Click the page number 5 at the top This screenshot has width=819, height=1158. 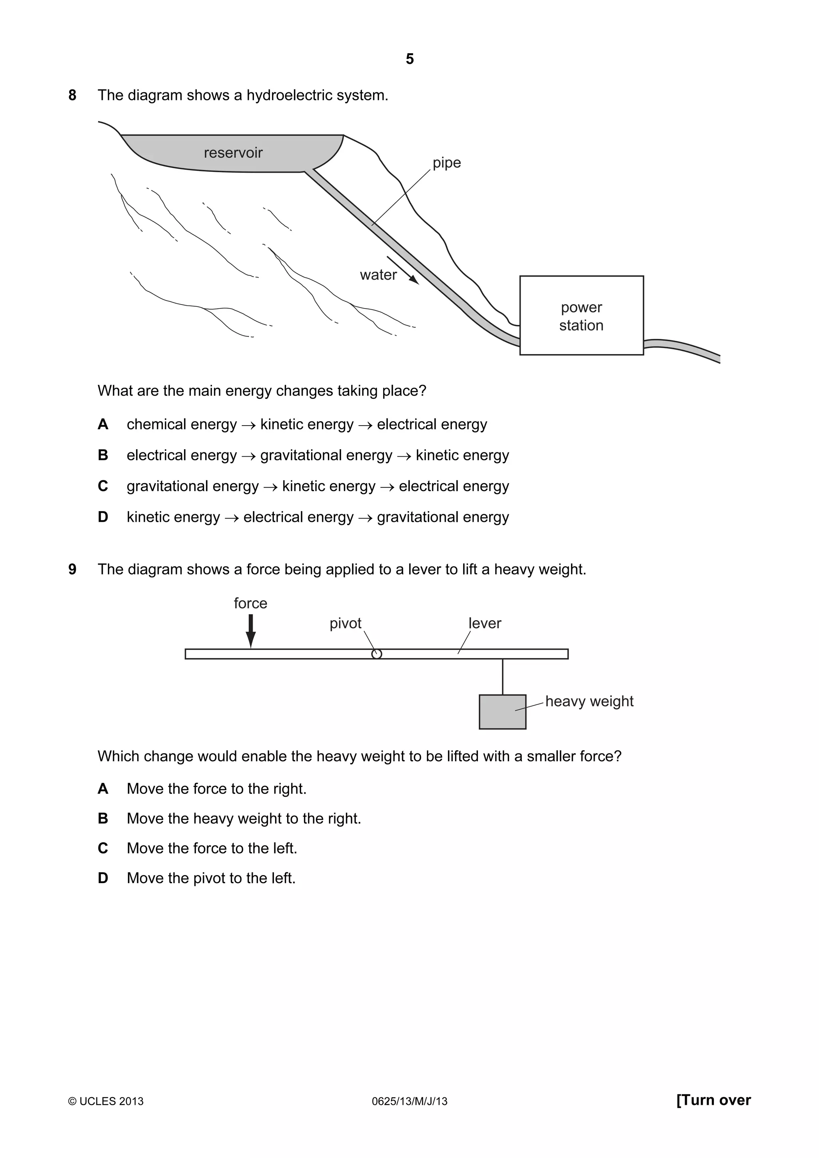pyautogui.click(x=409, y=59)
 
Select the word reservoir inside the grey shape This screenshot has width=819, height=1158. pyautogui.click(x=233, y=153)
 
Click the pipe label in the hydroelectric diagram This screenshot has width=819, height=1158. pyautogui.click(x=447, y=163)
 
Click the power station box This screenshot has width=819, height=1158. pyautogui.click(x=581, y=315)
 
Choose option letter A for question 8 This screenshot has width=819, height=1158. pyautogui.click(x=103, y=425)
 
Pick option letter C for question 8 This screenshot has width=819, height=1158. pyautogui.click(x=103, y=486)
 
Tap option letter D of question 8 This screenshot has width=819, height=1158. pyautogui.click(x=103, y=517)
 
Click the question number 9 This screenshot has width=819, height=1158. pyautogui.click(x=72, y=569)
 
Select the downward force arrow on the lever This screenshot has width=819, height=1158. pyautogui.click(x=251, y=631)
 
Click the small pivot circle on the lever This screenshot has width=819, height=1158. pyautogui.click(x=376, y=654)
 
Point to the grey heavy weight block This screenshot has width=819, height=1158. pyautogui.click(x=502, y=712)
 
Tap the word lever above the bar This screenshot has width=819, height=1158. pyautogui.click(x=484, y=623)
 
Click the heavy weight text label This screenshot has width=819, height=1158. pyautogui.click(x=589, y=702)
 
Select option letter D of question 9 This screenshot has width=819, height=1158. pyautogui.click(x=103, y=878)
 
